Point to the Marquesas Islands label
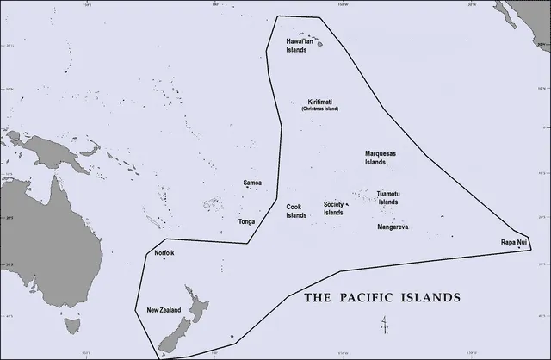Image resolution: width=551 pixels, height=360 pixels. (x=381, y=158)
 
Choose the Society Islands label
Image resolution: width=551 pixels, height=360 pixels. (x=333, y=208)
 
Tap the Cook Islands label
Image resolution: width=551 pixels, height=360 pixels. (x=296, y=211)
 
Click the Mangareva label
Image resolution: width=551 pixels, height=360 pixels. (x=393, y=227)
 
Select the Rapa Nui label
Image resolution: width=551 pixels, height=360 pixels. (x=514, y=243)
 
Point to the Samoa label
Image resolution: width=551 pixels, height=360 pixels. (x=252, y=183)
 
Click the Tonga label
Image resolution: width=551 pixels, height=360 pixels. (x=246, y=221)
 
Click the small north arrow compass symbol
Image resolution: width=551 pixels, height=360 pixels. (x=384, y=325)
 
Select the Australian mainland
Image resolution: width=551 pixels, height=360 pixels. (x=34, y=241)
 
